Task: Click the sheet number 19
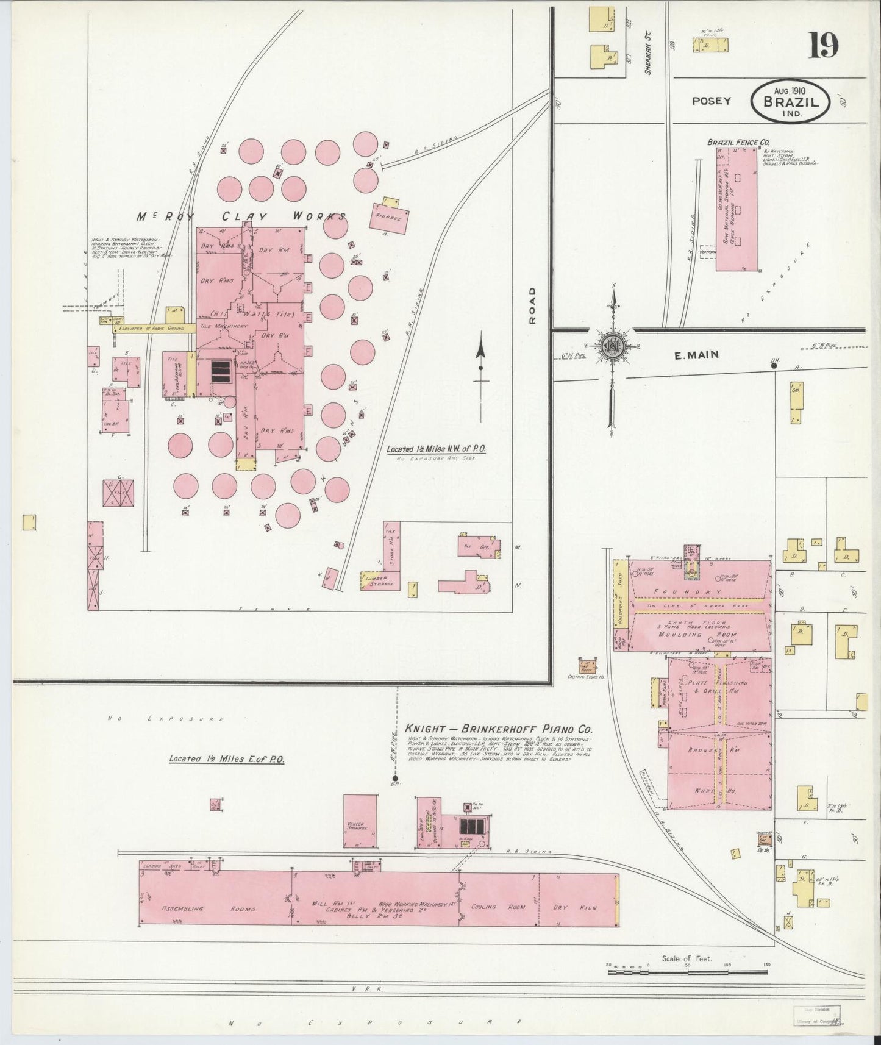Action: tap(823, 45)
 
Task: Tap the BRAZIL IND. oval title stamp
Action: tap(791, 101)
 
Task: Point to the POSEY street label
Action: tap(711, 101)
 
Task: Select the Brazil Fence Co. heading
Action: tap(733, 142)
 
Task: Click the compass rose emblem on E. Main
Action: tap(610, 346)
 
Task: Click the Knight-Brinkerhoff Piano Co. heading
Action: tap(499, 729)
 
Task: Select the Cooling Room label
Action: tap(498, 907)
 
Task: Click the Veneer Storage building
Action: tap(359, 821)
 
